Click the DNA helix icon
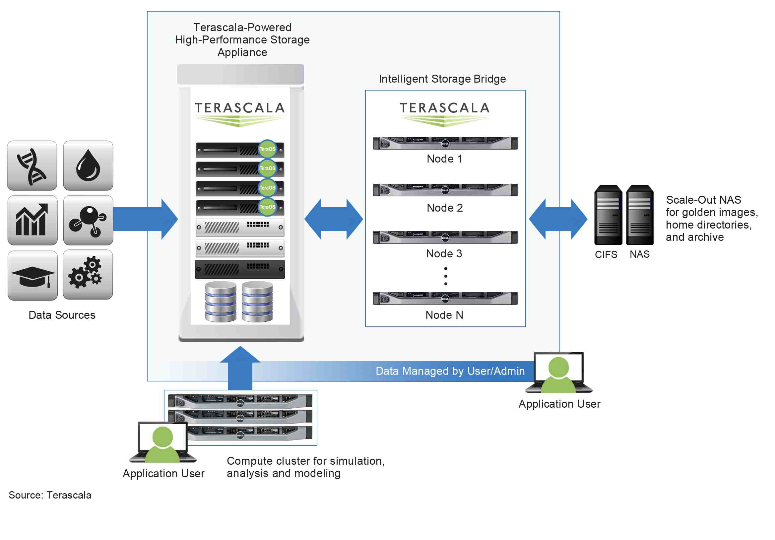(32, 166)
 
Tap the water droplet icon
(88, 166)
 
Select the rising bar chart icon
(32, 220)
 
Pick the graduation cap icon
(32, 276)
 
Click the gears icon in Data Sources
(88, 275)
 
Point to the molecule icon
(88, 220)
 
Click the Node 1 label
(444, 159)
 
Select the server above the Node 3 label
(445, 237)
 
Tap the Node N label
(444, 315)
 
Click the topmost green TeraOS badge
(267, 149)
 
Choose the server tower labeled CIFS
(608, 215)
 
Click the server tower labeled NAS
(640, 215)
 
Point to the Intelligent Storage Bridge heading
(442, 79)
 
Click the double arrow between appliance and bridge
(334, 219)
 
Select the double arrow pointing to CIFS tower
(558, 219)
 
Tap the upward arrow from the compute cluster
(240, 368)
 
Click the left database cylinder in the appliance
(221, 302)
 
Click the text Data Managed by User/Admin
(450, 371)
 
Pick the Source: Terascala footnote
(50, 495)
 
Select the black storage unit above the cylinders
(240, 269)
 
